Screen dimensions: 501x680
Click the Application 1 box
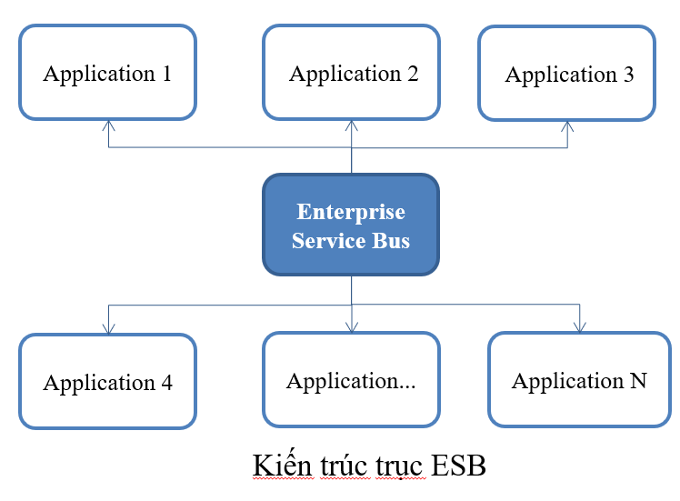pos(107,73)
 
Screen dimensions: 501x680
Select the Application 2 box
pos(353,73)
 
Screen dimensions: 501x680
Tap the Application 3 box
pos(567,73)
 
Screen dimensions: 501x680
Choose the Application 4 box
pos(107,381)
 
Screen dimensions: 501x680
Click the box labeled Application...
pos(351,379)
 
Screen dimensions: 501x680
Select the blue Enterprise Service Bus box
pos(351,225)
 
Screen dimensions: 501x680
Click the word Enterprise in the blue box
pos(351,212)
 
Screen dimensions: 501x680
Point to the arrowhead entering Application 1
pos(108,125)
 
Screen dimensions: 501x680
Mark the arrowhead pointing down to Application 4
pos(108,328)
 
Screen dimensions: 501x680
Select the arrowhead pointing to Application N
pos(578,327)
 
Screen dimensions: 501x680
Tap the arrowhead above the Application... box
pos(352,327)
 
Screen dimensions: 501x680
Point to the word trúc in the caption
pos(345,466)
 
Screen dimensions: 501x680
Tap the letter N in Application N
pos(637,380)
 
